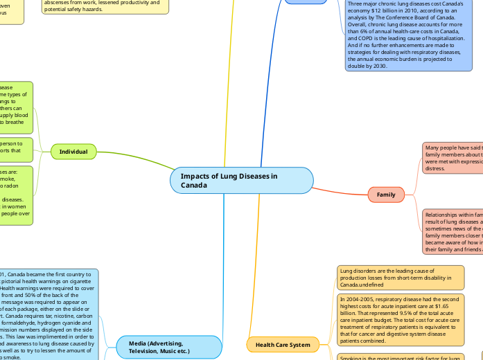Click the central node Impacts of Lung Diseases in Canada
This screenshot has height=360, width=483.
[241, 181]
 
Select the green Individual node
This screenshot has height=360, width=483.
[73, 151]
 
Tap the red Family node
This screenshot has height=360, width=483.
[386, 195]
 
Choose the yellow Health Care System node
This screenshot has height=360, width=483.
[283, 343]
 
